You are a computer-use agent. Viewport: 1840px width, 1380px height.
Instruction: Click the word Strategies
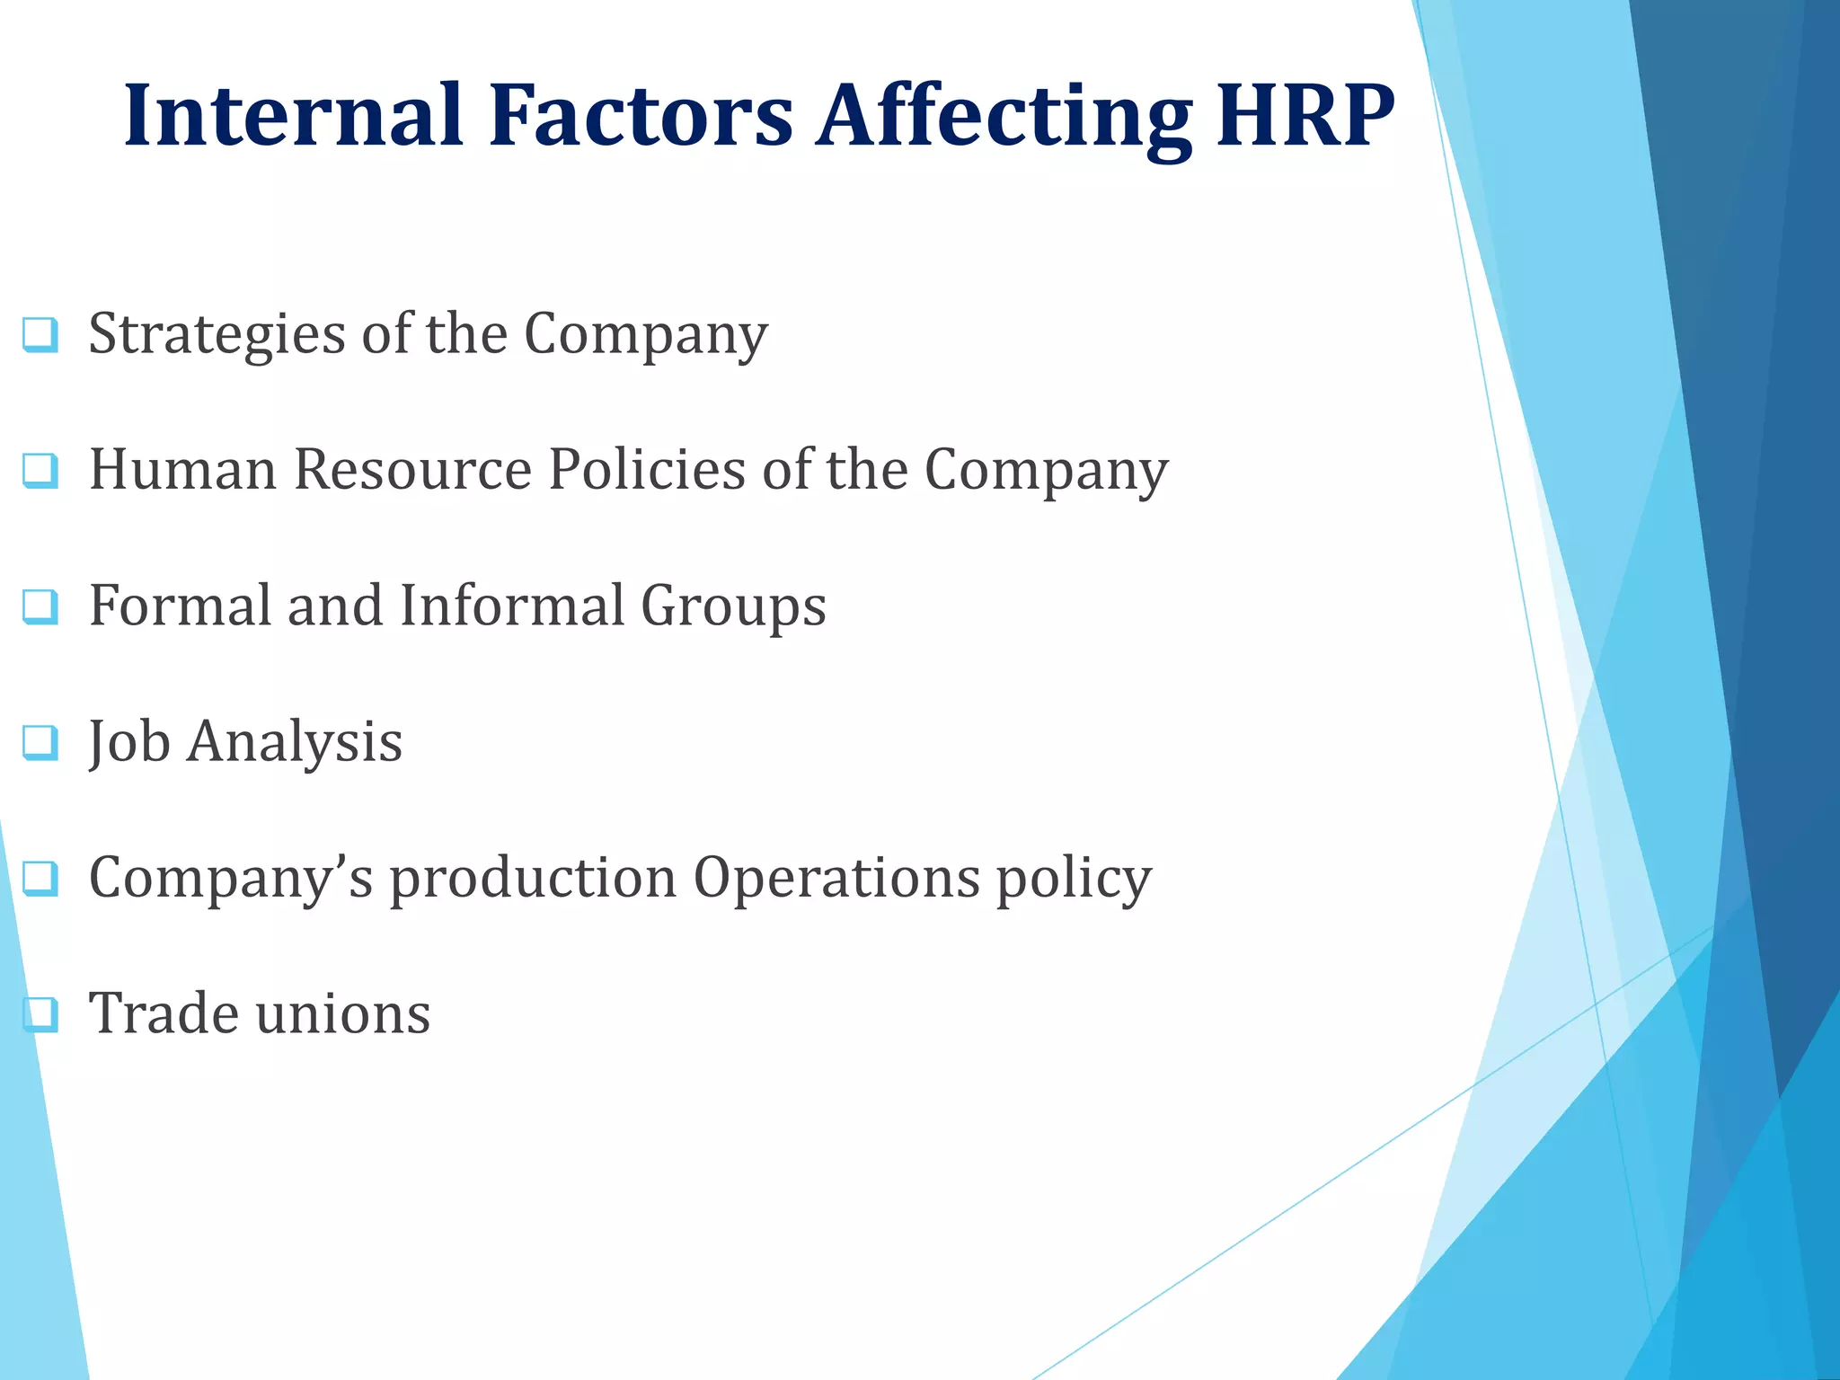coord(217,335)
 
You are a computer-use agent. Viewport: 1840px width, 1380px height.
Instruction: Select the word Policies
coord(647,469)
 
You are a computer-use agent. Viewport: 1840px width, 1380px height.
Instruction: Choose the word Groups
coord(733,607)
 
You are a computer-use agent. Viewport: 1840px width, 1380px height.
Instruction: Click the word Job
coord(129,742)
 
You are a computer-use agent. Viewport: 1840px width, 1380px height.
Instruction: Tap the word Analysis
coord(295,744)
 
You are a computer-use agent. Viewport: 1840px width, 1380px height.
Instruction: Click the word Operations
coord(836,879)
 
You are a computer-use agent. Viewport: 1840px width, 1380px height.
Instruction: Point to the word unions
coord(343,1013)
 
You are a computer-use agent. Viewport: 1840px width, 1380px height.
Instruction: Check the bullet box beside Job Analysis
coord(40,743)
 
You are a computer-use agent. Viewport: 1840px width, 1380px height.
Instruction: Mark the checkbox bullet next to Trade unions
coord(40,1014)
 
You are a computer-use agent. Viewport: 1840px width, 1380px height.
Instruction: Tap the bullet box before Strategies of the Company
coord(40,335)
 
